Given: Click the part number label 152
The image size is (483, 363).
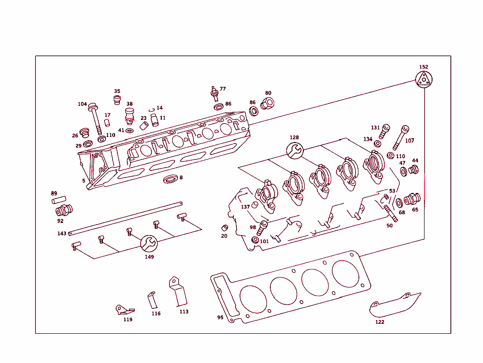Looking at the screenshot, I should click(x=424, y=67).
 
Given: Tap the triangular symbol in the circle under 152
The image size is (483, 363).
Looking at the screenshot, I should click(x=424, y=79).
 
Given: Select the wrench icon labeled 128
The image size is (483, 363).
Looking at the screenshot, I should click(x=294, y=151).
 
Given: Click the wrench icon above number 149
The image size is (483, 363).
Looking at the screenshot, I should click(x=149, y=243).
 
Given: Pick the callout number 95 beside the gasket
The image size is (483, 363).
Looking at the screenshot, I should click(x=220, y=318).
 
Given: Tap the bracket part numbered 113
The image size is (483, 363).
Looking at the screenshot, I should click(x=179, y=293).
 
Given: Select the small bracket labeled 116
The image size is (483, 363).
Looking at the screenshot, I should click(x=152, y=299).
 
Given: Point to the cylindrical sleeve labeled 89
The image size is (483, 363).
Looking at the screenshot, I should click(x=58, y=201).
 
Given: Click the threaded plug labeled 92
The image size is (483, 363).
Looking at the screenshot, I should click(x=64, y=210).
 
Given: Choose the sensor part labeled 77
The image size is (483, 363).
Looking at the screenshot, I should click(x=215, y=93).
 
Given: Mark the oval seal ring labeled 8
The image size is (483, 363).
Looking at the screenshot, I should click(x=171, y=179).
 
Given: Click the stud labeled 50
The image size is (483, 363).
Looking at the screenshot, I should click(x=389, y=212).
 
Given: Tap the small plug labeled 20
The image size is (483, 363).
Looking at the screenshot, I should click(x=225, y=228).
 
